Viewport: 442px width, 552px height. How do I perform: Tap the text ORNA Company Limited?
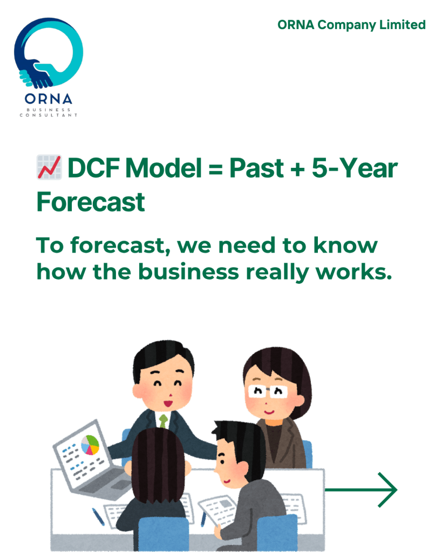click(x=351, y=25)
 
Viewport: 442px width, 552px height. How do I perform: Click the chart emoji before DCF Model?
click(x=49, y=167)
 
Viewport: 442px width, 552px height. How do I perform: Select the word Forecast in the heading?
click(x=91, y=202)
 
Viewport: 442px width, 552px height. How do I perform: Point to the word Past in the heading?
click(x=256, y=168)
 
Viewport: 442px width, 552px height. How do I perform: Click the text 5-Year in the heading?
click(x=355, y=168)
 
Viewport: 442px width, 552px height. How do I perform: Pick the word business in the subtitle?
click(x=188, y=272)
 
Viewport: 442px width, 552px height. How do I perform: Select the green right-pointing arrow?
click(x=361, y=490)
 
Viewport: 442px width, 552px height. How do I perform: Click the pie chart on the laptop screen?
click(x=90, y=445)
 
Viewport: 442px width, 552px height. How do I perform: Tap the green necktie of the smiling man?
click(x=163, y=421)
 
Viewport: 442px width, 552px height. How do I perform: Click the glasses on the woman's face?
click(x=268, y=391)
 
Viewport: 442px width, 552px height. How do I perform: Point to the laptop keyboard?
click(x=104, y=481)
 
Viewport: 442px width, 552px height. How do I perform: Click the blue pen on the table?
click(x=98, y=516)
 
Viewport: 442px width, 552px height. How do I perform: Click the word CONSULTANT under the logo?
click(x=48, y=115)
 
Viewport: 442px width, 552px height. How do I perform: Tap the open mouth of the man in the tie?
click(x=168, y=402)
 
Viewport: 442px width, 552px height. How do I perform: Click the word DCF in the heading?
click(x=94, y=168)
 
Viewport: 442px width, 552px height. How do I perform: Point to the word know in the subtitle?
click(x=345, y=246)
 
